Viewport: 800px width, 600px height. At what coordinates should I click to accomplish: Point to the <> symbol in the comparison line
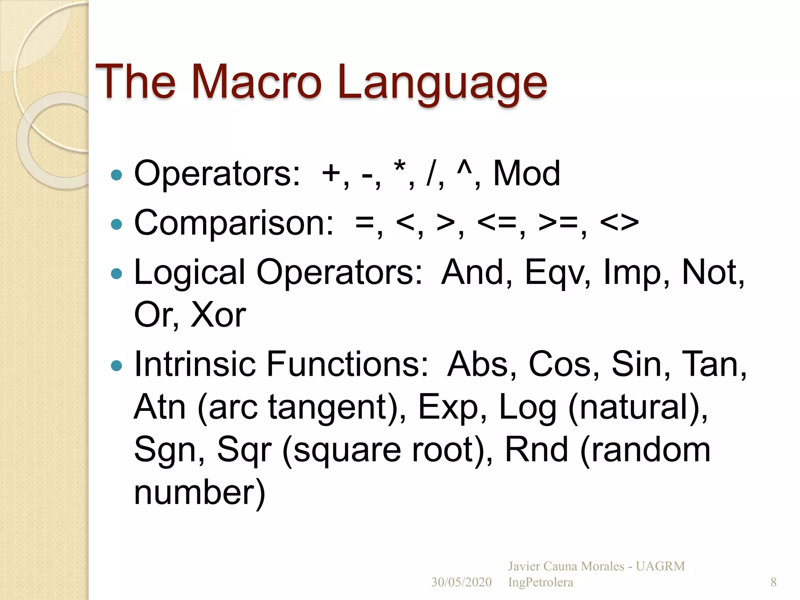(x=619, y=223)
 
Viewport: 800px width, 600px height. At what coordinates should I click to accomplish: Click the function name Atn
(x=160, y=407)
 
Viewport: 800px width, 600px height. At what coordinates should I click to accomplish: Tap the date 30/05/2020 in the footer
(x=461, y=582)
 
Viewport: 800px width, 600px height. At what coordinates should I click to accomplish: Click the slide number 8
(x=773, y=582)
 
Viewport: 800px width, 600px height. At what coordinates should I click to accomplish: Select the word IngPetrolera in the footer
(x=540, y=582)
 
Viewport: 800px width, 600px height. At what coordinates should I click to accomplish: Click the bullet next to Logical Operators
(x=116, y=273)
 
